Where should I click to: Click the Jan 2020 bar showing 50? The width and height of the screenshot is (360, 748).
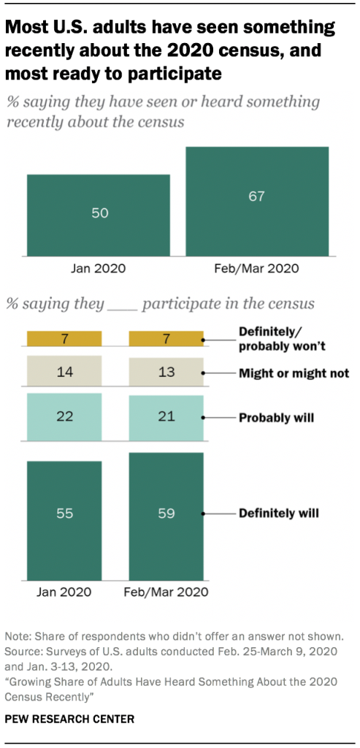pyautogui.click(x=99, y=215)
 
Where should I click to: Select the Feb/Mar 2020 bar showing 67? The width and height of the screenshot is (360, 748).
pyautogui.click(x=257, y=202)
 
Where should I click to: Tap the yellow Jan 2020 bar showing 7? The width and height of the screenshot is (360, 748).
pyautogui.click(x=64, y=338)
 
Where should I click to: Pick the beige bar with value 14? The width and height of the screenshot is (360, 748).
pyautogui.click(x=64, y=372)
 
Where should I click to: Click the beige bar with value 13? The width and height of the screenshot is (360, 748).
pyautogui.click(x=166, y=372)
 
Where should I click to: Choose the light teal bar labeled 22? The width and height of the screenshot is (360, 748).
pyautogui.click(x=64, y=417)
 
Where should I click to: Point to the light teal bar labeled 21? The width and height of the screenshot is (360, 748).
pyautogui.click(x=166, y=418)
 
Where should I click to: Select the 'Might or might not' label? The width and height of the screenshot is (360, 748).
pyautogui.click(x=294, y=373)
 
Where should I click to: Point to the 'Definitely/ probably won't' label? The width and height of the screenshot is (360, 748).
pyautogui.click(x=281, y=337)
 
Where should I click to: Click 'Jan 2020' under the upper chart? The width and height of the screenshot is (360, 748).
pyautogui.click(x=99, y=268)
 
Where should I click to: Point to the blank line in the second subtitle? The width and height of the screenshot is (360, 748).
pyautogui.click(x=122, y=305)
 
